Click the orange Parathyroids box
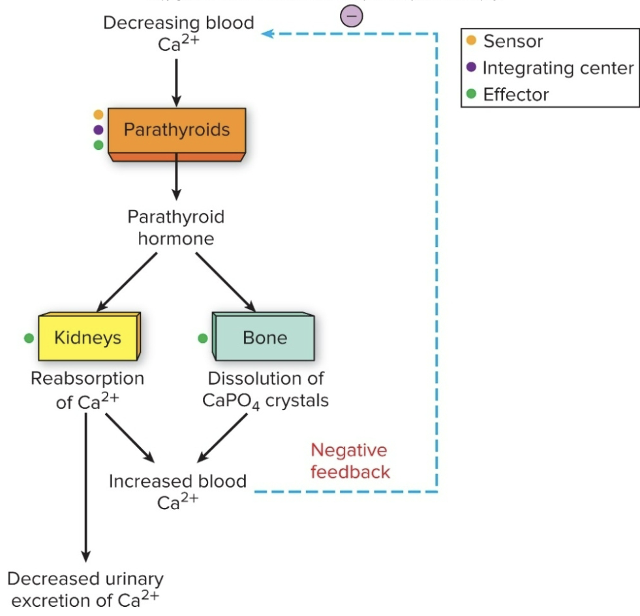177,130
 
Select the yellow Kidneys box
87,338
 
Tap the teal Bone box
264,338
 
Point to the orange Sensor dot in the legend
472,41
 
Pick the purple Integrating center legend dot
472,68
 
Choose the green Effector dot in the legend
472,95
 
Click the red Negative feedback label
349,461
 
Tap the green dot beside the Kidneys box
29,338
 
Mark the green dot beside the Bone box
203,338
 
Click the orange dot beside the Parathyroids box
99,115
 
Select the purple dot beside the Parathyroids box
99,130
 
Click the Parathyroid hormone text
176,227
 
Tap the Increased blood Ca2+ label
177,491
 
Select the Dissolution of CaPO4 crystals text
266,389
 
